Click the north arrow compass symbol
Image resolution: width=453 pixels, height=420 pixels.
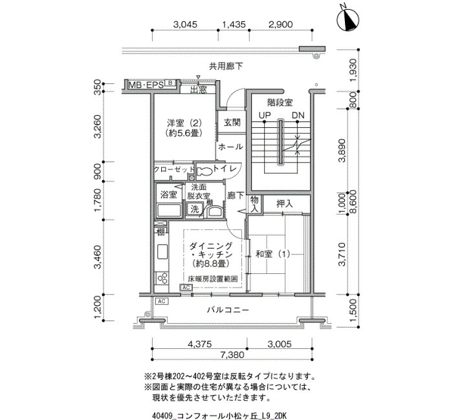(348, 19)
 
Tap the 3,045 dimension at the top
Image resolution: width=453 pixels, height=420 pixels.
(185, 25)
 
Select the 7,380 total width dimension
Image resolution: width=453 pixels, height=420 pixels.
(232, 355)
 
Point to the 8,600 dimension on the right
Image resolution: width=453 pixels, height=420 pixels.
(353, 202)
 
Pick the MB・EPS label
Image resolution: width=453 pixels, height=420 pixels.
(146, 85)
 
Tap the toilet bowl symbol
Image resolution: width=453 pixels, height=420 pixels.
(204, 171)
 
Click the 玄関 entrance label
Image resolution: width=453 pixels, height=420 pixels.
(232, 122)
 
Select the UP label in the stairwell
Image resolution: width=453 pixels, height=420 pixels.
(265, 115)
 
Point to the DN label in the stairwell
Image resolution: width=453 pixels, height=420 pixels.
(298, 115)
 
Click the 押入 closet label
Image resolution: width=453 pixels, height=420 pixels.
(285, 204)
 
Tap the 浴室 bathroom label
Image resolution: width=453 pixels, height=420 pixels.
(169, 194)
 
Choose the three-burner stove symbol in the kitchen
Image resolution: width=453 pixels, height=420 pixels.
(162, 278)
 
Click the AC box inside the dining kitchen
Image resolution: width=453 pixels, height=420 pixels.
(186, 288)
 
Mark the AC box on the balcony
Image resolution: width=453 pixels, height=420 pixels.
(162, 301)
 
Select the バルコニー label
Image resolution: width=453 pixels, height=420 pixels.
(228, 310)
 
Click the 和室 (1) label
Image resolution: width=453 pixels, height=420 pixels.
(272, 254)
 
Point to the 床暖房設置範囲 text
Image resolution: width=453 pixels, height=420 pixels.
(213, 279)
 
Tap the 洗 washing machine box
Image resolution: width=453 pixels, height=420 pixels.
(194, 209)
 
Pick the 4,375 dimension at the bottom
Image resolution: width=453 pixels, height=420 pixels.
(199, 344)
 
